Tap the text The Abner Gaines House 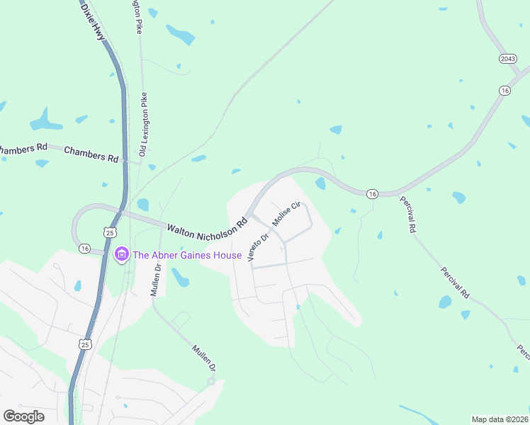pos(188,255)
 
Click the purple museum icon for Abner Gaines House pos(121,254)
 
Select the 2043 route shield pos(507,58)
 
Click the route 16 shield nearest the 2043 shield pos(504,90)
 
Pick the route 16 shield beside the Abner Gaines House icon pos(85,249)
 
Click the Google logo pos(23,416)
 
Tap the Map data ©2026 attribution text pos(499,419)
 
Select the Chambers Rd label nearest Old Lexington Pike pos(91,156)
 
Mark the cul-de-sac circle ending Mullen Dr pos(211,381)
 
